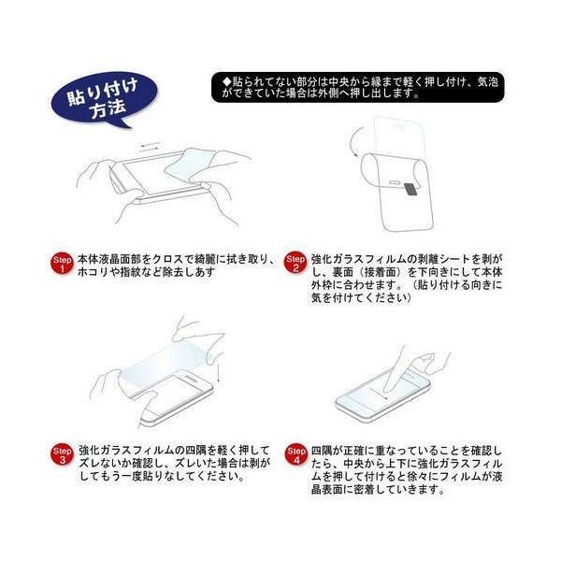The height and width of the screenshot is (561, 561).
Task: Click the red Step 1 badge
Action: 62,264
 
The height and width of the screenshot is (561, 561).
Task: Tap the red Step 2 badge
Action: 295,263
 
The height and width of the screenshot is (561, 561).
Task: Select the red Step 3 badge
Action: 62,454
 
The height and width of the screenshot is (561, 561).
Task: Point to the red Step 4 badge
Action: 295,454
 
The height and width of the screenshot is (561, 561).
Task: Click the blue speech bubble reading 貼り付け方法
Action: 103,99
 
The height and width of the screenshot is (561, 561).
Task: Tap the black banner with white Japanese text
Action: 357,88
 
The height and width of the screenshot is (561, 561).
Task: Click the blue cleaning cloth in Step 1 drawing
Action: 190,165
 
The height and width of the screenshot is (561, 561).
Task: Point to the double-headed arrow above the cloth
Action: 151,147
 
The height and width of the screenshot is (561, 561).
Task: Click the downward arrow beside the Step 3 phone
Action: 219,374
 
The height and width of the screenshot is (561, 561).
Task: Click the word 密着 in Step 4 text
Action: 365,489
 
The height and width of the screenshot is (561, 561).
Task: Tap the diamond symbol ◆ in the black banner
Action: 226,82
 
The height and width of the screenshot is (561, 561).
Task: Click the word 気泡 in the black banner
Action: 488,82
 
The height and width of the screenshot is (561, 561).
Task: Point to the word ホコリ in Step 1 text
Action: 93,271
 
